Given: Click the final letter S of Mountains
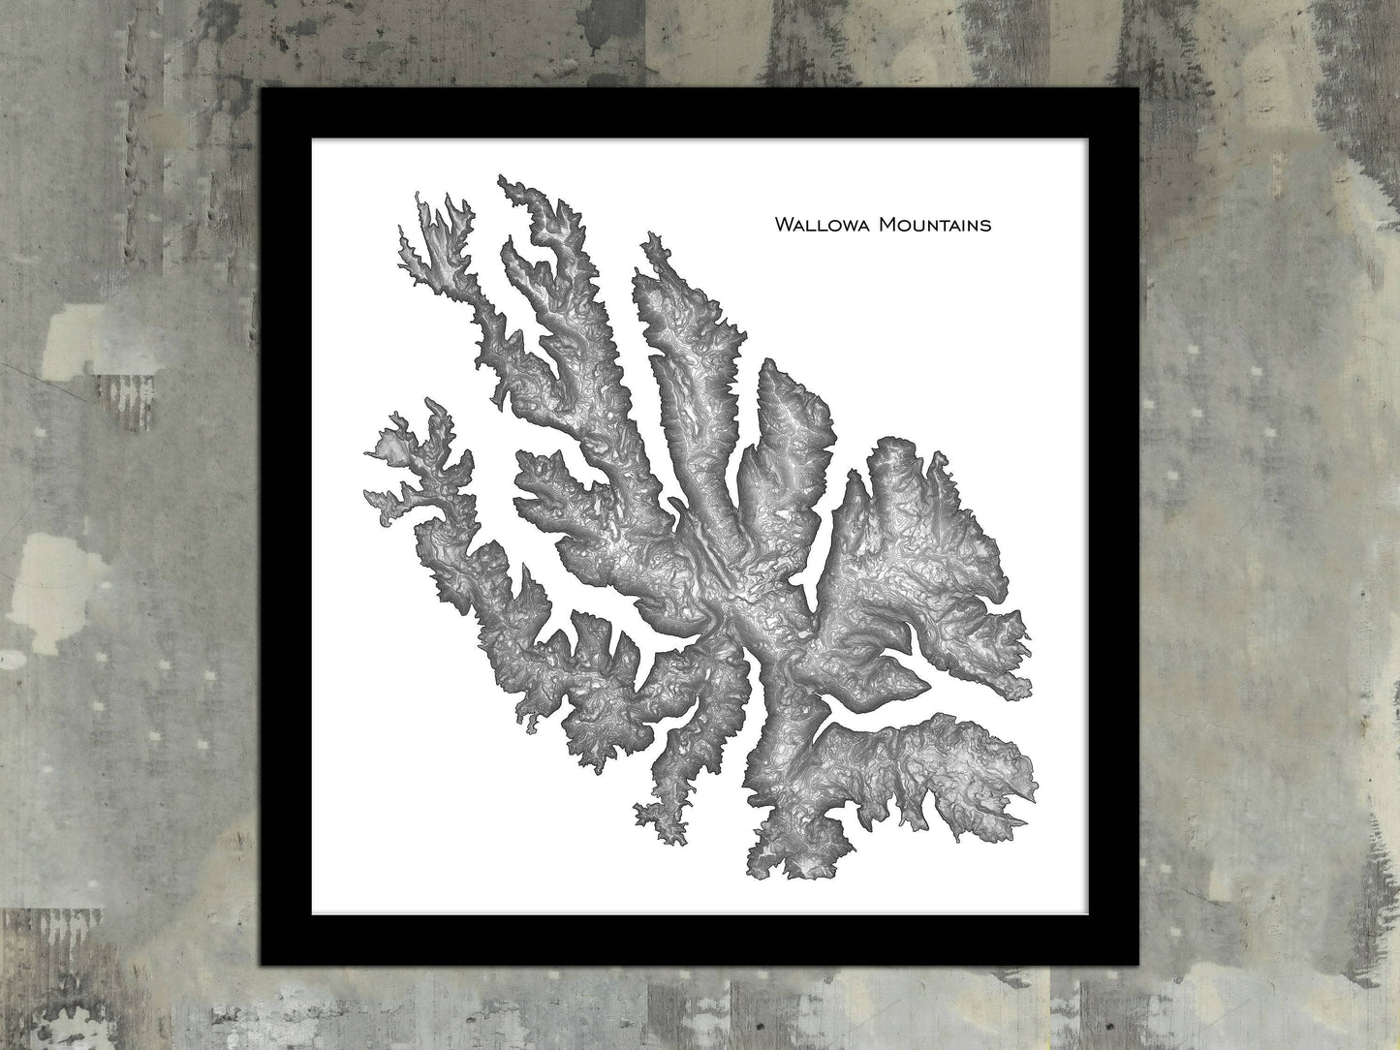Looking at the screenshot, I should tap(986, 226).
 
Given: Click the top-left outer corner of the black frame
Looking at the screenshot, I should tap(262, 89).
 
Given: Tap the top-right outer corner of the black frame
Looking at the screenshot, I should tap(1138, 89).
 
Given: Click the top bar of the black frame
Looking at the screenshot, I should tap(700, 113).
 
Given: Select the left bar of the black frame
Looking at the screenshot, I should tap(286, 526).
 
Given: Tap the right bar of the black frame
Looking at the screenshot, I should tap(1114, 526).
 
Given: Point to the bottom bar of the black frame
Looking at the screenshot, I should tap(700, 939).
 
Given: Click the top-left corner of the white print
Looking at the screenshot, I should tap(311, 139).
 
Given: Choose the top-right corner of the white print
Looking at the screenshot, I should tap(1089, 139).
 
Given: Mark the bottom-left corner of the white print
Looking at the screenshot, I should tap(311, 914).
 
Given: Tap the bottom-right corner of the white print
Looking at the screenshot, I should tap(1089, 914).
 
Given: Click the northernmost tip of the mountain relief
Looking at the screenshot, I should tap(500, 176).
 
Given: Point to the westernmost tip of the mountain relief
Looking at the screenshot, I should tap(365, 451).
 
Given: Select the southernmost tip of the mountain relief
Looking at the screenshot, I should tap(761, 870).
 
